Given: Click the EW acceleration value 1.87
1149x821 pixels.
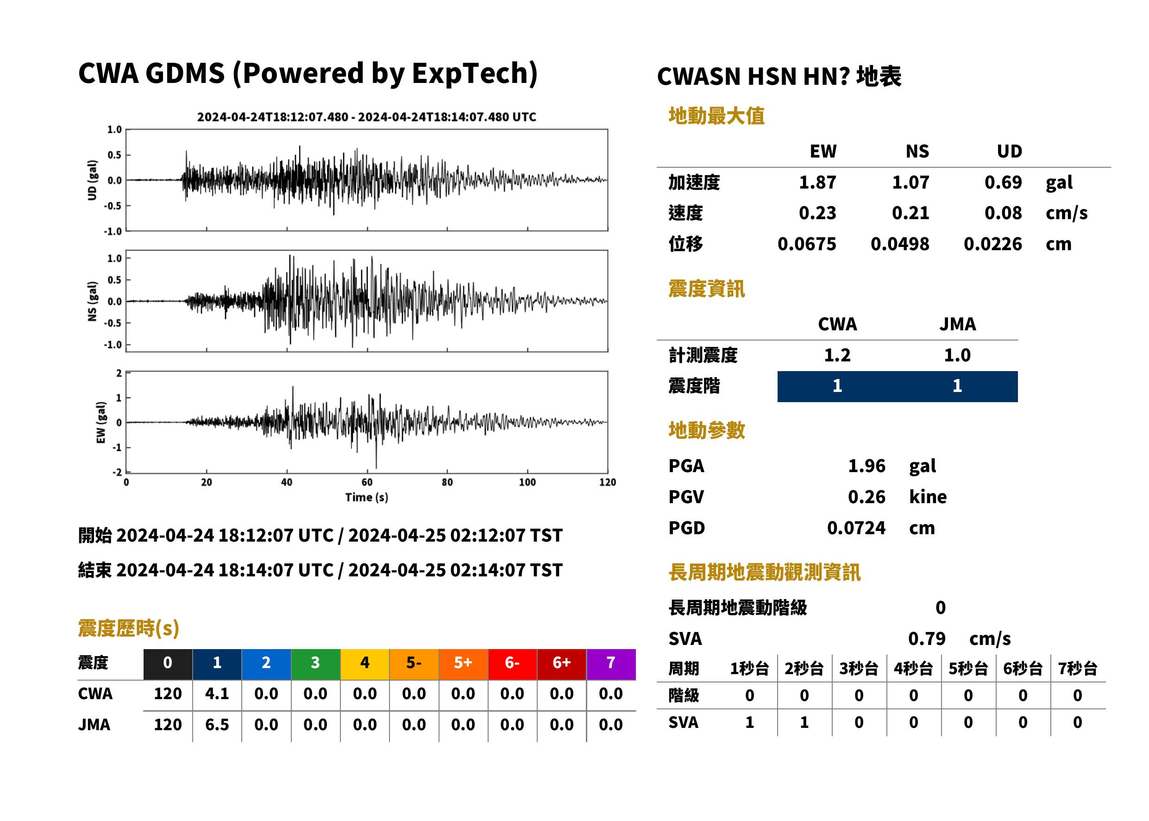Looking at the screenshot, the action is (x=817, y=182).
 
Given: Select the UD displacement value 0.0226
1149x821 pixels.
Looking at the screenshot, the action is (x=992, y=244).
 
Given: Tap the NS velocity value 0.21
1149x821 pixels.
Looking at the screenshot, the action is (x=910, y=213).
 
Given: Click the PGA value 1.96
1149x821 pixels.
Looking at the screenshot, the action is (x=866, y=466).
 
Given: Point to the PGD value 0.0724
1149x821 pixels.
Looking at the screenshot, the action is (x=856, y=528).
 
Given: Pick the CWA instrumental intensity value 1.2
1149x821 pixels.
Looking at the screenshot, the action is (x=837, y=355).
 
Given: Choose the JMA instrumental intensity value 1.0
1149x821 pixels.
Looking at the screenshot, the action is (x=957, y=355).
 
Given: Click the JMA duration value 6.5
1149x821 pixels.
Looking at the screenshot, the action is (x=217, y=725).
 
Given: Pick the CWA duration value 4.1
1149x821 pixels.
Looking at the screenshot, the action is (x=217, y=694).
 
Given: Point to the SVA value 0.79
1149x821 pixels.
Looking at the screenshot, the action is (x=927, y=638).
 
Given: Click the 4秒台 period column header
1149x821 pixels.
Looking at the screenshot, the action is (x=913, y=668).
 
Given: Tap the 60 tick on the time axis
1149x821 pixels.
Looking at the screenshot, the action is (x=367, y=482).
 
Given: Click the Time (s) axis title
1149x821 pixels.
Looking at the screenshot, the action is (x=367, y=498).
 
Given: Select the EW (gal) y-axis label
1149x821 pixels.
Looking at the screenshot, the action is (x=101, y=423).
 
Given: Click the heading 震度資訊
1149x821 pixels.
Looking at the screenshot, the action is (x=706, y=289).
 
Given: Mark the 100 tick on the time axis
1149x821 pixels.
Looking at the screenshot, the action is (x=527, y=482).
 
